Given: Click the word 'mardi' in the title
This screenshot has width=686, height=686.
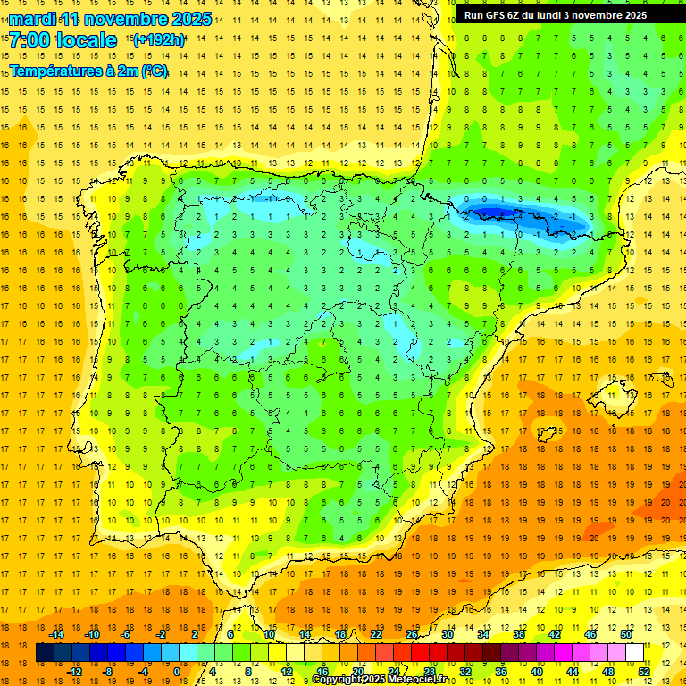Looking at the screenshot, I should [32, 19].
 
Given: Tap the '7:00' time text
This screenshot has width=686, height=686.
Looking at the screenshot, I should [30, 40].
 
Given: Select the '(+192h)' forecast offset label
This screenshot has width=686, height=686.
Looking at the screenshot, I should [158, 39].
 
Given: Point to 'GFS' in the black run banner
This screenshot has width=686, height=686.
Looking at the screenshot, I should [498, 15].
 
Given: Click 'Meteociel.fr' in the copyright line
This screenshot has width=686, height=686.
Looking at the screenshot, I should [420, 680].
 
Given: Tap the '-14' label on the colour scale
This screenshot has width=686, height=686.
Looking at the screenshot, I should [57, 634].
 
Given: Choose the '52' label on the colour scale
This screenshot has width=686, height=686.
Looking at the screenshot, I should [644, 671].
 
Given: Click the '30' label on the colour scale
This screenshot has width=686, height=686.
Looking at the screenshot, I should [448, 634].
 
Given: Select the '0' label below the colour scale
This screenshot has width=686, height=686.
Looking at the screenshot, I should [177, 671].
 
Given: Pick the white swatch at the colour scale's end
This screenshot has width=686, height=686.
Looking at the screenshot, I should [635, 653].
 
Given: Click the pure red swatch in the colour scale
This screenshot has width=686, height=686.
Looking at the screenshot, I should [421, 653].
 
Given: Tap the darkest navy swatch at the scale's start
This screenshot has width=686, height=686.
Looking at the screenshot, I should [45, 653].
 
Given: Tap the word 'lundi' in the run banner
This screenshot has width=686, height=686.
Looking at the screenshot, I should [557, 15].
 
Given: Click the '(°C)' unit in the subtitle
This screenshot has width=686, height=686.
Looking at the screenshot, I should [153, 71].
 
